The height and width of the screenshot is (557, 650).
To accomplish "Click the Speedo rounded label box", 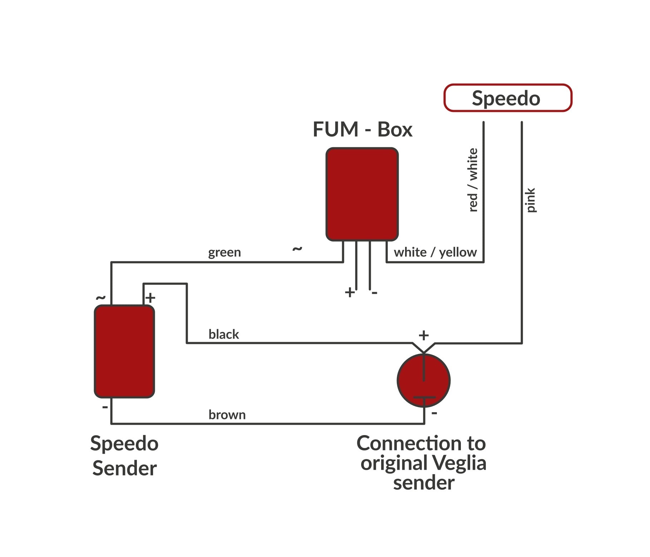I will tap(508, 98).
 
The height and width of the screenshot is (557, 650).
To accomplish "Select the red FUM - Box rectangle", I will tap(362, 194).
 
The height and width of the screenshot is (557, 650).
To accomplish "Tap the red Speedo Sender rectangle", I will tap(124, 351).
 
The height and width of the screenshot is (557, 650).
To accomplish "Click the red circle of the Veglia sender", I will tap(424, 380).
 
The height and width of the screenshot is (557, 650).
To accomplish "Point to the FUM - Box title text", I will tap(362, 129).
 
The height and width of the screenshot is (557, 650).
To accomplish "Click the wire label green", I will tap(225, 253).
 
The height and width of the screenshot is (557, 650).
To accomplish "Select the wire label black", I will tap(223, 335).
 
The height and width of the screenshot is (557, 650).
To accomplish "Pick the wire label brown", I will tap(227, 415).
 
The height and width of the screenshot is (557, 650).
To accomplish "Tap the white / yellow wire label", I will tap(435, 252).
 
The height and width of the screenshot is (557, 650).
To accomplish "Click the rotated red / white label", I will tap(473, 180).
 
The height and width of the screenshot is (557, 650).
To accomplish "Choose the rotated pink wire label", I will tap(531, 200).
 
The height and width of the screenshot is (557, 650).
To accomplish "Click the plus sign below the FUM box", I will tap(350, 293).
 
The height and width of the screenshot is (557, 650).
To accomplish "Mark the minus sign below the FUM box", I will tap(374, 293).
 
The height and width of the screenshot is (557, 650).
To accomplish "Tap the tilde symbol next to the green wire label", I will tap(297, 249).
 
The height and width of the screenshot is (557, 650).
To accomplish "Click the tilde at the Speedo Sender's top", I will tap(101, 297).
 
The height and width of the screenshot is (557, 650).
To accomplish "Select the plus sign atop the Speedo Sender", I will tap(151, 298).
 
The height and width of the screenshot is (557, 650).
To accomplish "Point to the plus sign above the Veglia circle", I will tap(424, 335).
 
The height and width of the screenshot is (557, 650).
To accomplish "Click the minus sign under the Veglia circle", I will tap(434, 413).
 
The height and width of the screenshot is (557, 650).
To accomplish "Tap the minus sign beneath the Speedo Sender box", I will tap(105, 407).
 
